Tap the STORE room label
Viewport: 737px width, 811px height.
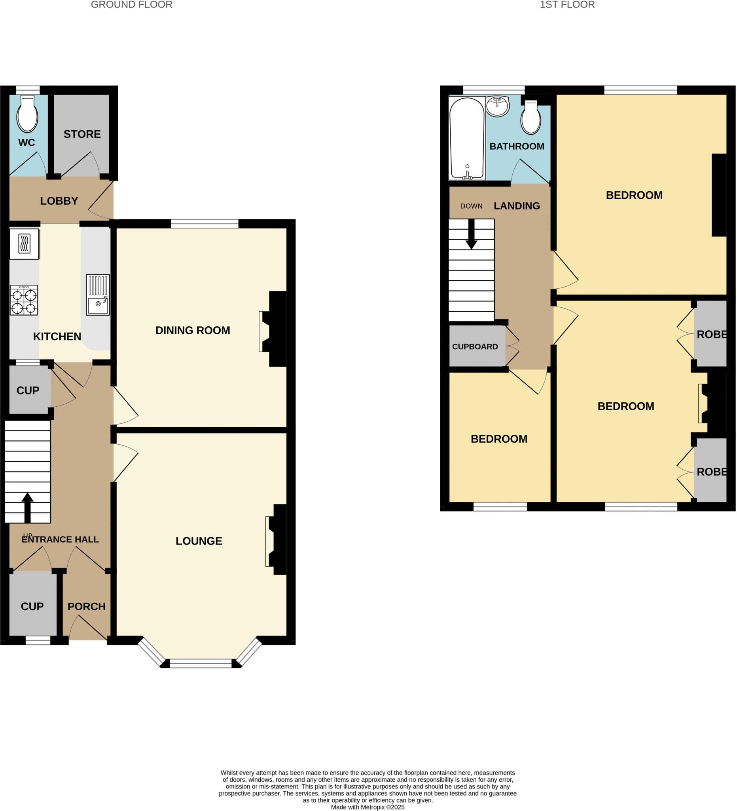click(x=82, y=134)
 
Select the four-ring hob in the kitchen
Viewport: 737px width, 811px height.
click(x=24, y=300)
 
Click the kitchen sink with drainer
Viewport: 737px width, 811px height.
click(x=98, y=295)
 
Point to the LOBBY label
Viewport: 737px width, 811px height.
click(x=59, y=201)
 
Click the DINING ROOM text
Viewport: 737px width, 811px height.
click(x=193, y=330)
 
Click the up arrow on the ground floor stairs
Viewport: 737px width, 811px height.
click(x=27, y=507)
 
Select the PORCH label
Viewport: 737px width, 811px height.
click(x=86, y=606)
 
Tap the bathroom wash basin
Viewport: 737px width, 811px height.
click(x=498, y=106)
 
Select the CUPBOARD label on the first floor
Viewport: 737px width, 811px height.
click(x=475, y=347)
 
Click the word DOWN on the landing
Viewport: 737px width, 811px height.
click(x=471, y=206)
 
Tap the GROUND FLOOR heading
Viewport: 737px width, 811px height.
click(x=131, y=5)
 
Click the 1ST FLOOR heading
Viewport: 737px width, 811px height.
click(x=566, y=5)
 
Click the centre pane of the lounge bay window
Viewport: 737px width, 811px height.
click(x=201, y=663)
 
